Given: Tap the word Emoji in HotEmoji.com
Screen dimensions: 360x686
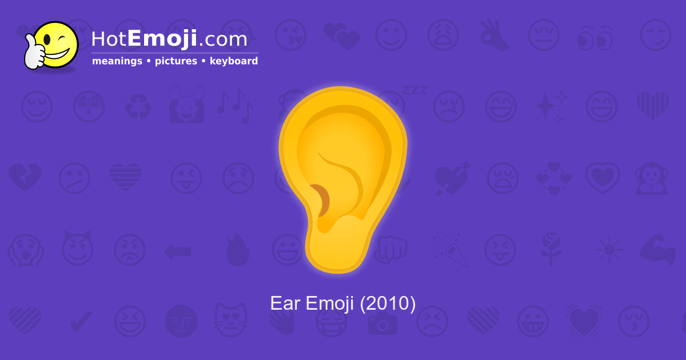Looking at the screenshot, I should [x=162, y=39].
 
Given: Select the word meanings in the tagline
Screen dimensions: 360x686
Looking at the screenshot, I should [x=117, y=61].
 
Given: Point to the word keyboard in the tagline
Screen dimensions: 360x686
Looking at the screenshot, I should [x=234, y=61].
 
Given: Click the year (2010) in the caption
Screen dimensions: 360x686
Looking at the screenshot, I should [x=388, y=303].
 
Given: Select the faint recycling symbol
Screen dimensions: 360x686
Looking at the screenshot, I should [x=138, y=106].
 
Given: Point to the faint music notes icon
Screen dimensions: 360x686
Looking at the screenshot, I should [x=234, y=106].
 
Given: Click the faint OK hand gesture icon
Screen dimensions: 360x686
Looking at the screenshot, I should [x=493, y=35].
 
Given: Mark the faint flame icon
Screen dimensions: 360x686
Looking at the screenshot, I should [x=237, y=250].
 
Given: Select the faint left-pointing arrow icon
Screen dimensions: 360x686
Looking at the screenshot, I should [x=177, y=250].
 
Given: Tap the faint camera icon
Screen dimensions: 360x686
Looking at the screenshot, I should [x=382, y=322].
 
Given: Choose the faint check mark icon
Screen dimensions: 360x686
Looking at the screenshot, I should [x=81, y=322].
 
